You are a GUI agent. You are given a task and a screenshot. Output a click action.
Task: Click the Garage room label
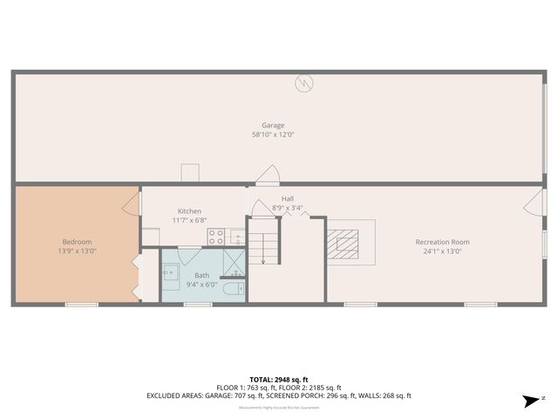273,126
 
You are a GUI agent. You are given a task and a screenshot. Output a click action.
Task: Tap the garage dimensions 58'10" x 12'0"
273,135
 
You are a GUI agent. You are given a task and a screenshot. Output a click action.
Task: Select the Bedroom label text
77,242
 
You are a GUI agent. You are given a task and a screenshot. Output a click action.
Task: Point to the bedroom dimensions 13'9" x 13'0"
77,251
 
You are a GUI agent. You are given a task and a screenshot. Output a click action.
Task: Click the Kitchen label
189,211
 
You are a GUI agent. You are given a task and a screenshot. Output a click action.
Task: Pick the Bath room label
201,275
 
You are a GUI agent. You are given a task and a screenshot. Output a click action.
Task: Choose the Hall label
287,198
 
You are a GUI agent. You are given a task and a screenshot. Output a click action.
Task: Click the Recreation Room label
442,242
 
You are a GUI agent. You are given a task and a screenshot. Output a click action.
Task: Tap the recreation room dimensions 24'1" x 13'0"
442,251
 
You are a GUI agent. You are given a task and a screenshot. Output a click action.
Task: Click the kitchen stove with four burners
216,236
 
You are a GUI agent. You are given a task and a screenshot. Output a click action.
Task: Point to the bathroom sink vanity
171,271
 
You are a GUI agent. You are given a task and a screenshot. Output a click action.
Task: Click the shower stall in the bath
234,262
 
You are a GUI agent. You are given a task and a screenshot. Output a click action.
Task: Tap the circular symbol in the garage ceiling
304,84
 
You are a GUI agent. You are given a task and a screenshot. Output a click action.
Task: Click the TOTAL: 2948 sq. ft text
278,380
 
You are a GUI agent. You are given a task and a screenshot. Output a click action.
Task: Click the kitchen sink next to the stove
236,236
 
